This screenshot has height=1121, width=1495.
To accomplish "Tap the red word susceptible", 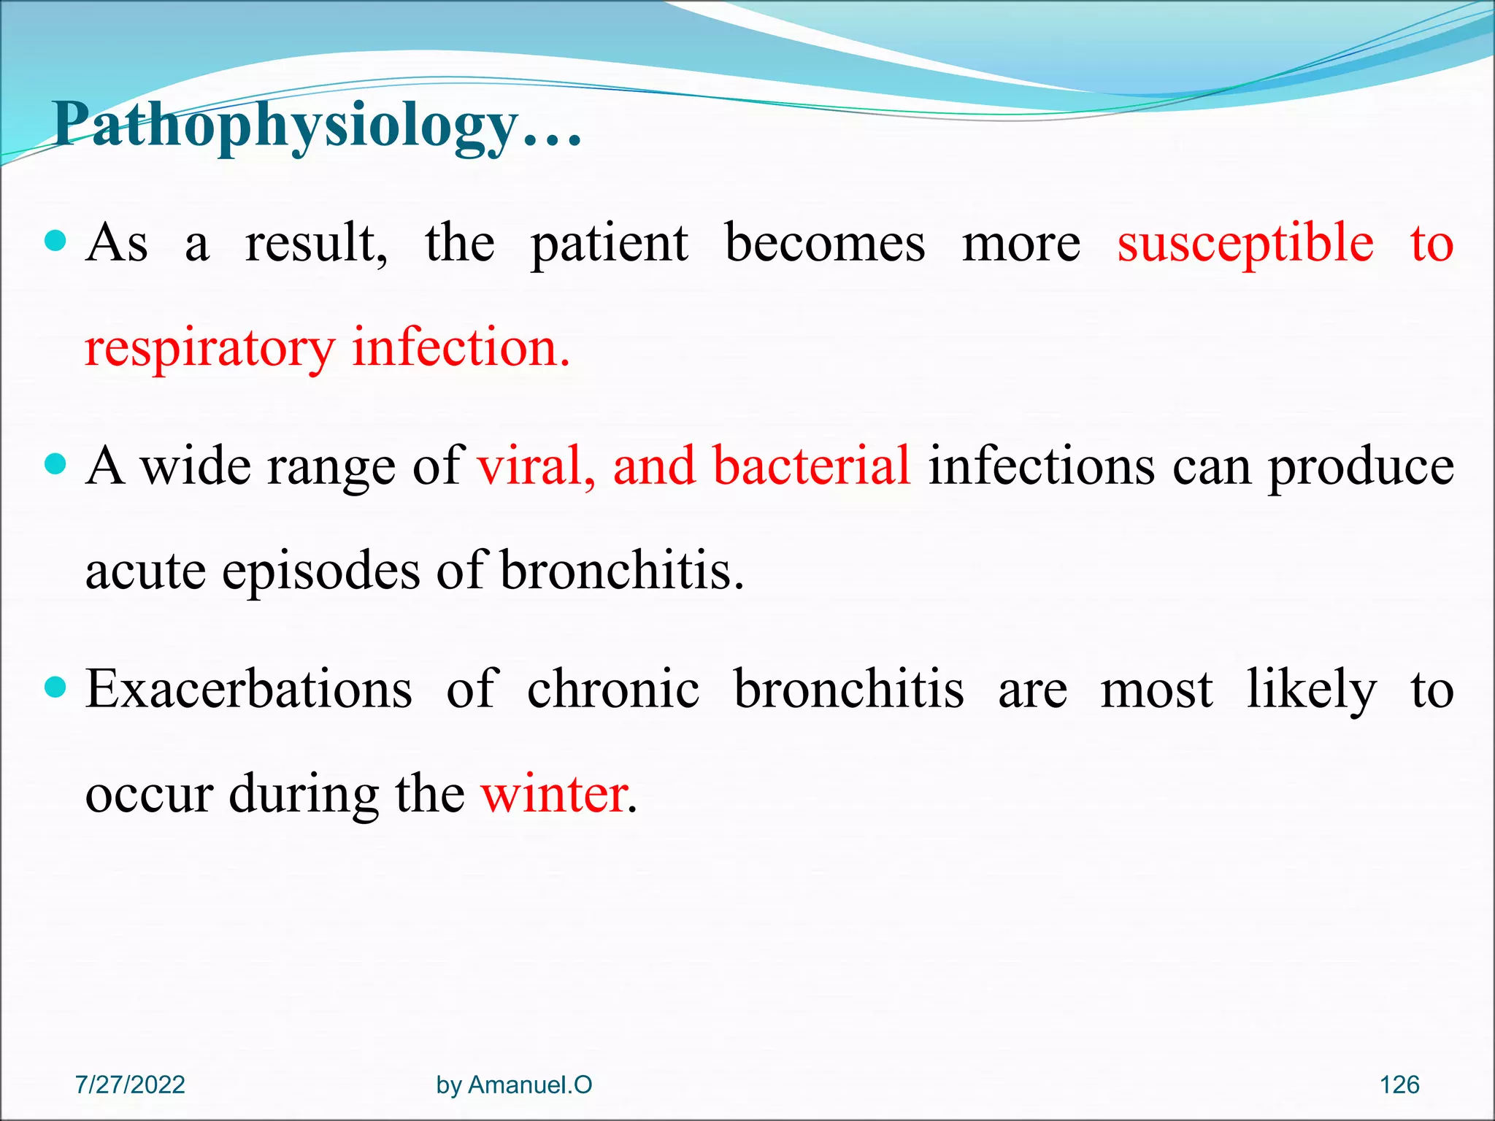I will tap(1245, 244).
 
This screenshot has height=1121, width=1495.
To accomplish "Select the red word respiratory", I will tap(210, 349).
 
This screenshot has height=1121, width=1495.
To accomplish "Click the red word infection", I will tap(460, 347).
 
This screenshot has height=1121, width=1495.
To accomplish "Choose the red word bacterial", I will tap(811, 466).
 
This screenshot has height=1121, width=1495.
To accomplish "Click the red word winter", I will tap(555, 794).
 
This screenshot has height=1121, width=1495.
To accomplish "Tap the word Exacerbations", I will tap(248, 689).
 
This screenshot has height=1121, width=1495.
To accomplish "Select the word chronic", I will tap(613, 689).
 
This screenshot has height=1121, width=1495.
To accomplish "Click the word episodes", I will tap(321, 572).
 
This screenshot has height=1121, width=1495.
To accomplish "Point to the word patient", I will tap(609, 244).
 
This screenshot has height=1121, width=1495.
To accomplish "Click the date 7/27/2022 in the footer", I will tap(130, 1085).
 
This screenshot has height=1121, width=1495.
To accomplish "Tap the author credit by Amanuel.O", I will tap(514, 1085).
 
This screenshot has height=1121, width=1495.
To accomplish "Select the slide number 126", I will tap(1399, 1085).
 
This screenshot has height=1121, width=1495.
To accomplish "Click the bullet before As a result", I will tap(55, 240).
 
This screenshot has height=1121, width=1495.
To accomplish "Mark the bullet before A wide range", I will tap(55, 463).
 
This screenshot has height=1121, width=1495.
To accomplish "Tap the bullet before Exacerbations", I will tap(55, 687).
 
